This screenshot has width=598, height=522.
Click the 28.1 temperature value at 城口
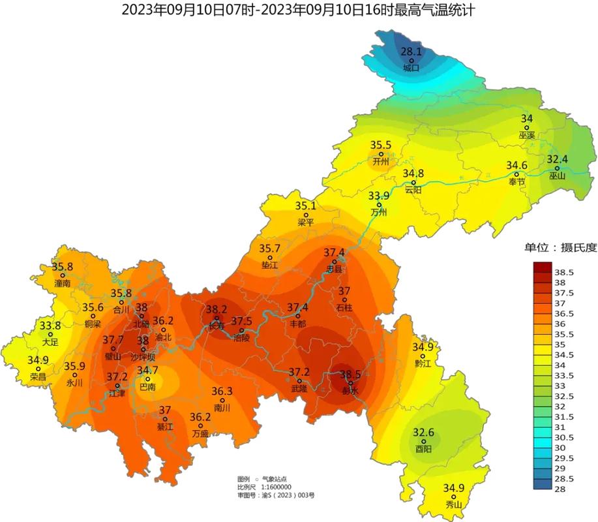(411, 51)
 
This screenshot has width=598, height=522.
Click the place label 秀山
(453, 505)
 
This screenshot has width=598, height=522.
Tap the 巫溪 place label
(526, 136)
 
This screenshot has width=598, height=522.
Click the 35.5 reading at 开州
(381, 145)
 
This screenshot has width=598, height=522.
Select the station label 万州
(378, 212)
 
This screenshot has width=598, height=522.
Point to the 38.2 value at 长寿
(217, 309)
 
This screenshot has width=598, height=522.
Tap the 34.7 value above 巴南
(147, 370)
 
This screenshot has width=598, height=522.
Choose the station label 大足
(50, 341)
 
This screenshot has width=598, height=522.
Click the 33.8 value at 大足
(50, 325)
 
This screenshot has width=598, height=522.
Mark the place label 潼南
(63, 284)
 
